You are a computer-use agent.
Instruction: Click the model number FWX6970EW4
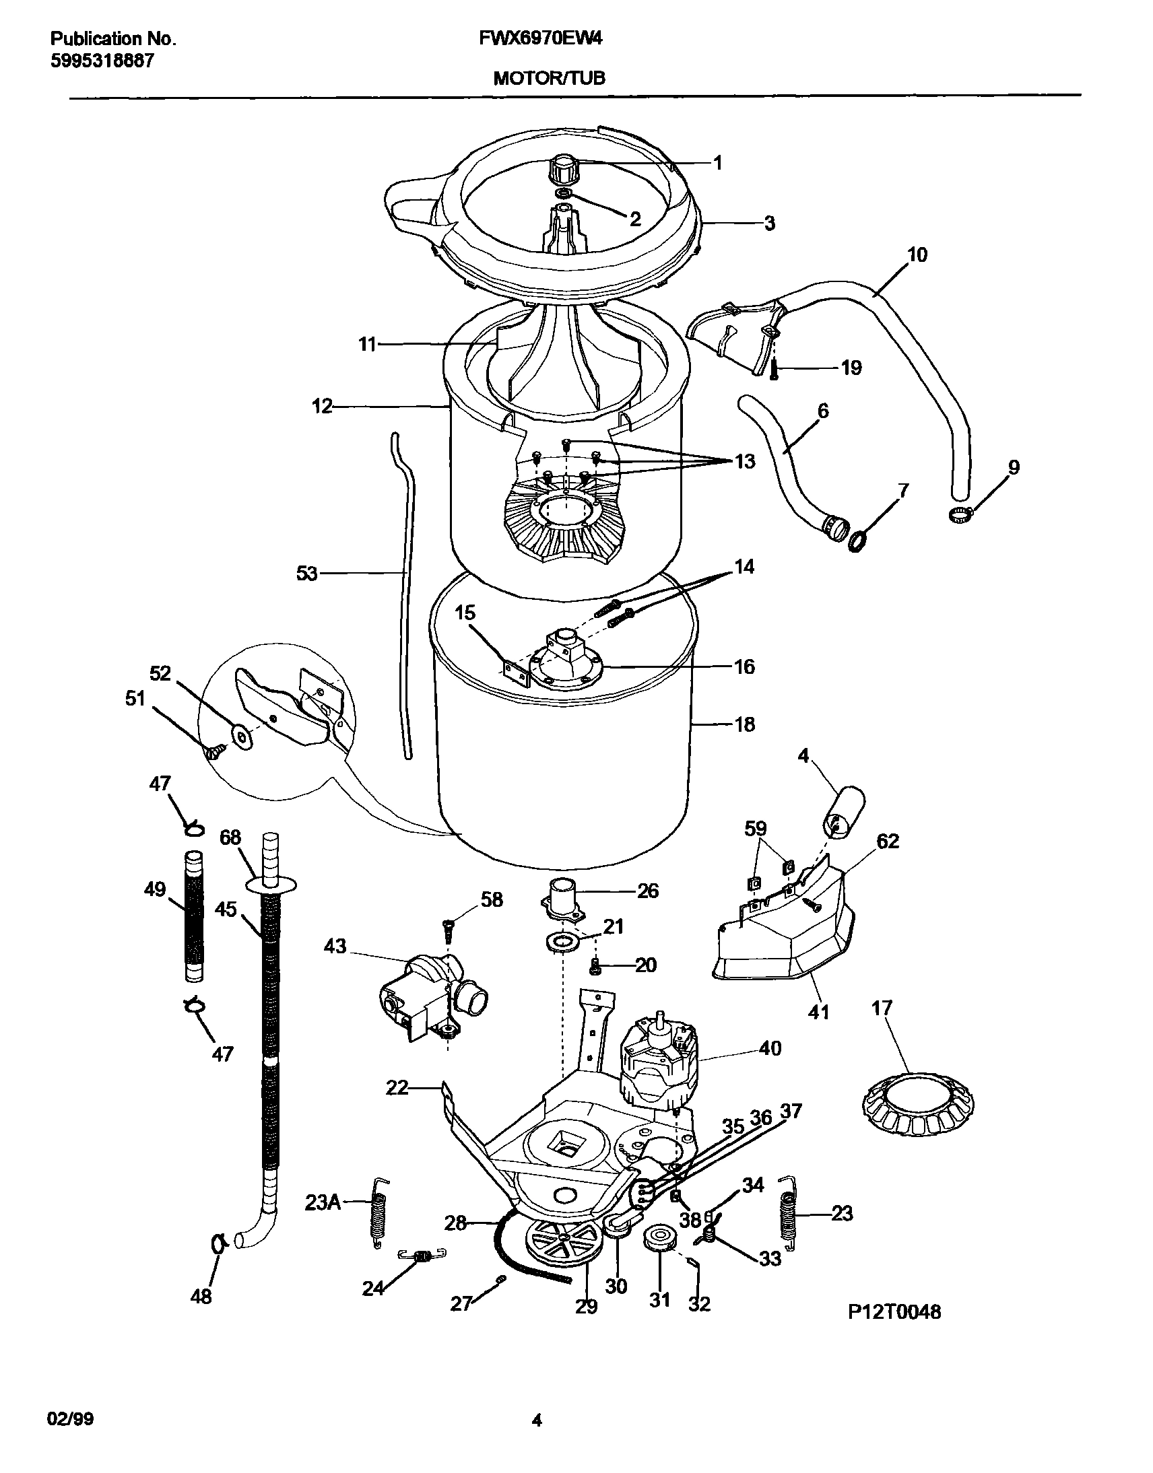pyautogui.click(x=540, y=39)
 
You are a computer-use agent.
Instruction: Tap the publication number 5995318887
pyautogui.click(x=102, y=61)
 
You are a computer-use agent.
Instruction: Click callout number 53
pyautogui.click(x=306, y=574)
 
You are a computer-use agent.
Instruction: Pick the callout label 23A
pyautogui.click(x=323, y=1202)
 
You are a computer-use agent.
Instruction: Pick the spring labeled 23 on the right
pyautogui.click(x=787, y=1215)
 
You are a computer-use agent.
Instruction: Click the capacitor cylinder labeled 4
pyautogui.click(x=844, y=813)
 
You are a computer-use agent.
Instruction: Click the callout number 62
pyautogui.click(x=887, y=842)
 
